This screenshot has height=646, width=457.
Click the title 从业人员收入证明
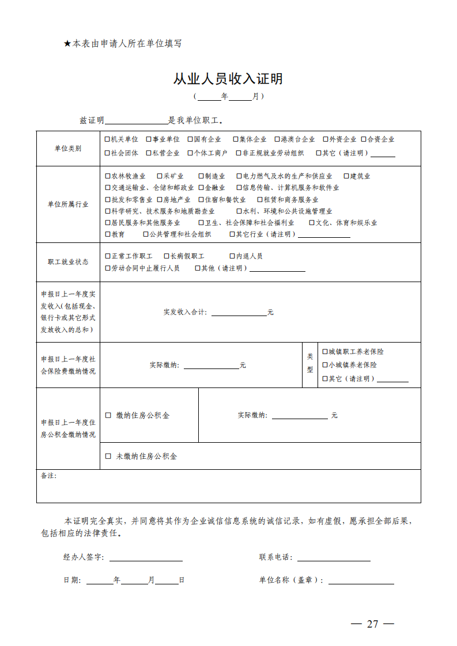point(228,79)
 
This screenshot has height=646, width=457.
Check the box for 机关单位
point(108,139)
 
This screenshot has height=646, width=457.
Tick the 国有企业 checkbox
point(190,139)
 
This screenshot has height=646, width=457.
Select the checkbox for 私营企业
point(149,153)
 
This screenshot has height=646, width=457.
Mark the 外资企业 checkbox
point(326,139)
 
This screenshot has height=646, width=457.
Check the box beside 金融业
point(201,188)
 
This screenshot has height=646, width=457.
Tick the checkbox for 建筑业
point(347,176)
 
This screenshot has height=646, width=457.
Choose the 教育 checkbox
point(108,234)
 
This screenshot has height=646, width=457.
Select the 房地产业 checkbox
point(159,200)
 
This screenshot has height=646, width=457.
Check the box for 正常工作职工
point(108,256)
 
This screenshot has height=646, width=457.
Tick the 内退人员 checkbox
point(232,256)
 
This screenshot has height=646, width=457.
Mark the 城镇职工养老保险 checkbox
point(325,351)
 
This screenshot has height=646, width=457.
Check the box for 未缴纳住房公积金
point(108,456)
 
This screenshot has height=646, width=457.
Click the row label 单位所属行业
point(68,204)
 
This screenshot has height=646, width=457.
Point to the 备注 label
point(48,476)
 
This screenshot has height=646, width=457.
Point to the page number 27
point(372,624)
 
